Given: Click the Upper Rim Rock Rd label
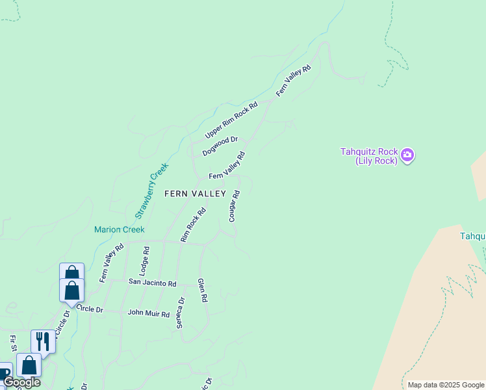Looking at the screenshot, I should pos(231,120).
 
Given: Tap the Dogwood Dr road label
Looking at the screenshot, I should pos(220,146).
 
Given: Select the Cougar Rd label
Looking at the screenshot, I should pos(235,205).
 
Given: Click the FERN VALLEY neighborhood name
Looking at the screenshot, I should pos(195,194).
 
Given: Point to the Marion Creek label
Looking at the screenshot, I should pos(119,229).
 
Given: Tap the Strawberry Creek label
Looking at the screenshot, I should pos(151,190).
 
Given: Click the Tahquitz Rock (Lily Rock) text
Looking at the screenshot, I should pos(368,156).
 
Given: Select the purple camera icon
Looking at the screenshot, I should pos(407,155).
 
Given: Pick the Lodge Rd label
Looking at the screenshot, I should pos(146,258).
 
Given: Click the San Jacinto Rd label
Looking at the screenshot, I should pos(152,283).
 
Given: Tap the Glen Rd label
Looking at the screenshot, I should pos(202,290).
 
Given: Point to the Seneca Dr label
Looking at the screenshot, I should pos(181,312).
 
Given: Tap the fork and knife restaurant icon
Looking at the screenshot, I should pos(43,340).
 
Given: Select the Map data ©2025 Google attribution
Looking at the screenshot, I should pos(445,385).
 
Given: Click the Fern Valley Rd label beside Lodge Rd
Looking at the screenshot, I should pos(112,263).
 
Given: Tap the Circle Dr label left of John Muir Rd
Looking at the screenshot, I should pos(90,309).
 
